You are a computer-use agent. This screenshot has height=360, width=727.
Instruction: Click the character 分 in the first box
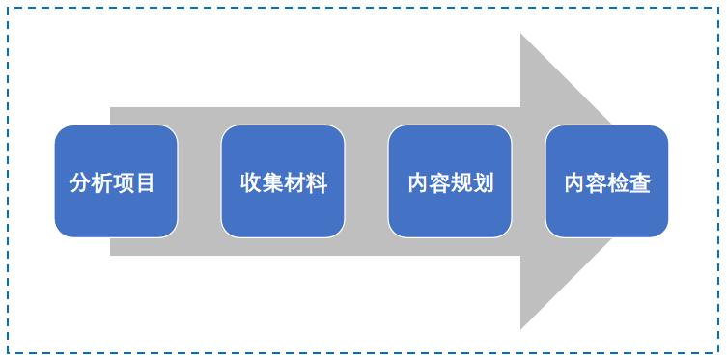pyautogui.click(x=80, y=182)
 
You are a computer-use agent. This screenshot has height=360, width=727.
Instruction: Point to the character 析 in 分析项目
pyautogui.click(x=101, y=182)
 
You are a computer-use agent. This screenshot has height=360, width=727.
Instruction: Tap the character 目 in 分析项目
pyautogui.click(x=146, y=182)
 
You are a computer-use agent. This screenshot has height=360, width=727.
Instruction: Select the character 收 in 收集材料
pyautogui.click(x=251, y=182)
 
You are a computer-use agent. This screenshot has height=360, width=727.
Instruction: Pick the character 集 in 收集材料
pyautogui.click(x=273, y=182)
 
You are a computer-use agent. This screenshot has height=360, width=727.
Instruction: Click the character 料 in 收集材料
pyautogui.click(x=318, y=182)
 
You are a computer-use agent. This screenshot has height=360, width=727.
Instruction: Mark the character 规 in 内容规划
pyautogui.click(x=461, y=182)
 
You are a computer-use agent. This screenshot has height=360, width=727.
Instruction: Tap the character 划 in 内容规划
pyautogui.click(x=484, y=182)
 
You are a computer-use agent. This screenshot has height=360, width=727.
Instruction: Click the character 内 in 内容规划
pyautogui.click(x=418, y=182)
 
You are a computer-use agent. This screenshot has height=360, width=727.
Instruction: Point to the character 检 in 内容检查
pyautogui.click(x=619, y=182)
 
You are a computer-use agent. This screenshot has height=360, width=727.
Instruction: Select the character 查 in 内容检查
pyautogui.click(x=640, y=182)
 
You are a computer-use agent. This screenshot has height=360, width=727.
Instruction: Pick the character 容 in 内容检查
pyautogui.click(x=597, y=182)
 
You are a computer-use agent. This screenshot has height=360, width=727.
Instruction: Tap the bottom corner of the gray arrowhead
pyautogui.click(x=522, y=326)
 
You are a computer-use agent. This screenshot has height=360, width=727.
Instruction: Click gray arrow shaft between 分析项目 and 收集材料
pyautogui.click(x=199, y=181)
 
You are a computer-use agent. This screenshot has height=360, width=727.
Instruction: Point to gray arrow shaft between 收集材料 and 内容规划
pyautogui.click(x=366, y=181)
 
